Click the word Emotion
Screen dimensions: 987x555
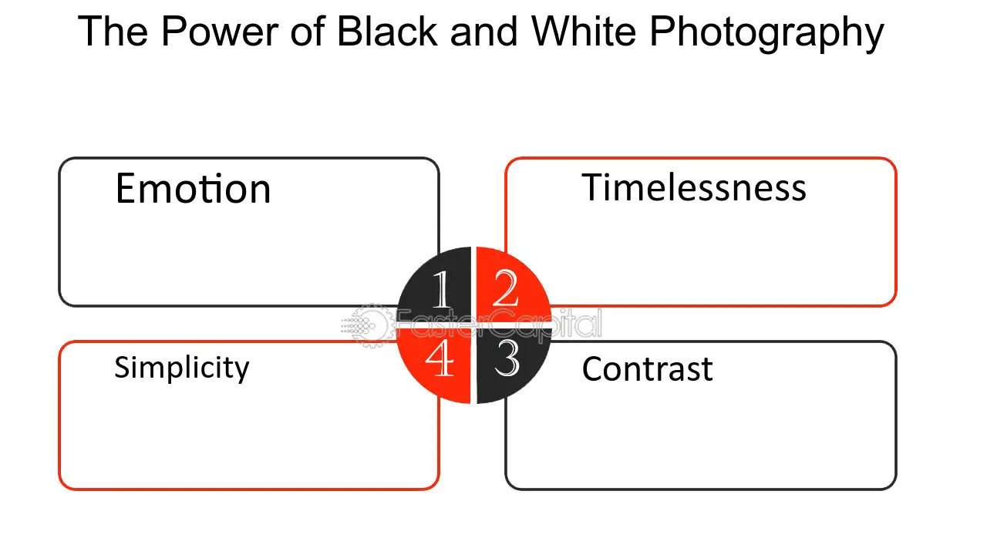coord(193,189)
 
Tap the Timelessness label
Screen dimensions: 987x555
coord(694,187)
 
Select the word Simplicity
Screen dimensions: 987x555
coord(181,368)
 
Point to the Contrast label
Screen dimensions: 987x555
coord(647,369)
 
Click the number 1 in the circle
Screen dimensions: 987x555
coord(441,289)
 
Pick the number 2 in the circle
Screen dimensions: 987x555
coord(505,288)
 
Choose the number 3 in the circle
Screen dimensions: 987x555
coord(507,358)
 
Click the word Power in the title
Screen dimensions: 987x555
coord(220,31)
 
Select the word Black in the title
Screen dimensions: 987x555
coord(387,31)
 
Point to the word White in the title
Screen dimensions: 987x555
coord(584,31)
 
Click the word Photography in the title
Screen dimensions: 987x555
coord(766,33)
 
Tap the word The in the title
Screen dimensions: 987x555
coord(113,31)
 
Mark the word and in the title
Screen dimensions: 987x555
coord(483,31)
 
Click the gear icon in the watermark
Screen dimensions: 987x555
coord(372,325)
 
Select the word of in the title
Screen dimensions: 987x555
coord(308,31)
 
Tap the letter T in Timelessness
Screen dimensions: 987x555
coord(593,187)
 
